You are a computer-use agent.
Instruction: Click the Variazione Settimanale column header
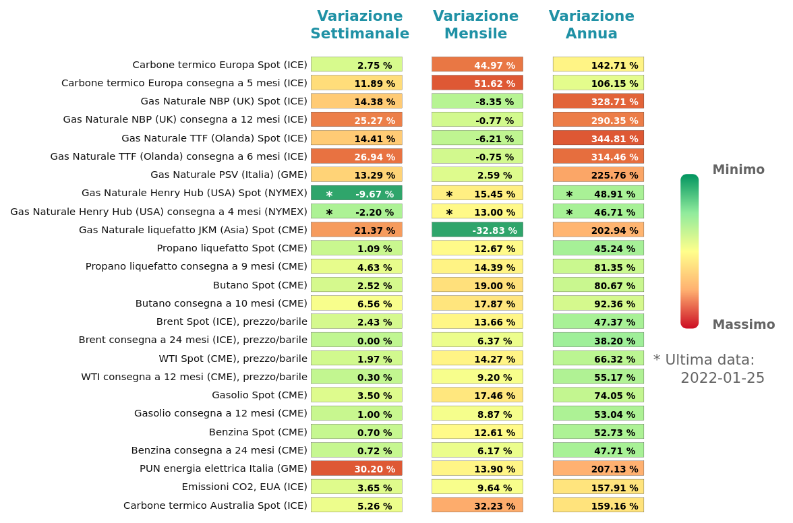[x=359, y=25]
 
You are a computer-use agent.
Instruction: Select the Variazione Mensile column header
[x=475, y=25]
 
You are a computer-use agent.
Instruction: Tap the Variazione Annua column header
[x=591, y=25]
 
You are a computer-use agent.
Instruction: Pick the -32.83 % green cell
[x=477, y=230]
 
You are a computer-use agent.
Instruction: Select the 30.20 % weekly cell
[x=356, y=468]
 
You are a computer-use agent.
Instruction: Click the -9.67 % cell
[x=356, y=193]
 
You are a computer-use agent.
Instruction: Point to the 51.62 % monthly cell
[x=477, y=83]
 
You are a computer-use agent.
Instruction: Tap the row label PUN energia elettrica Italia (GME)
[x=223, y=468]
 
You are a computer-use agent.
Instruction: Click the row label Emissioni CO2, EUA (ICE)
[x=244, y=487]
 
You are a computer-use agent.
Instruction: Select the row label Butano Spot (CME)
[x=260, y=285]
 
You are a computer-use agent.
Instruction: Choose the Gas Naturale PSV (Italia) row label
[x=229, y=175]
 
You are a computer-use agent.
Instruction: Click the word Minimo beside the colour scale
[x=738, y=170]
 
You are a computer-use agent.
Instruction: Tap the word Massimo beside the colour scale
[x=743, y=325]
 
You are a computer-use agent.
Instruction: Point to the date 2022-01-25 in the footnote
[x=722, y=378]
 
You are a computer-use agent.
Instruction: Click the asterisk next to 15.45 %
[x=449, y=194]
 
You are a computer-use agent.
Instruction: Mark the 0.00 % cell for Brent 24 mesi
[x=356, y=340]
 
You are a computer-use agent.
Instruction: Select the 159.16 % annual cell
[x=598, y=505]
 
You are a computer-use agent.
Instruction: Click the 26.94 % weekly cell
[x=356, y=156]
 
